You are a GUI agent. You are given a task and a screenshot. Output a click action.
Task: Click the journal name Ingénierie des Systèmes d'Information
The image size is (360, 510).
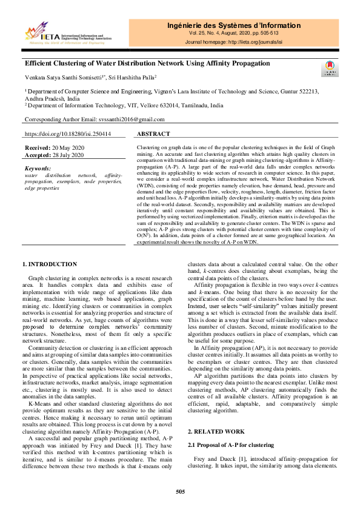coord(233,25)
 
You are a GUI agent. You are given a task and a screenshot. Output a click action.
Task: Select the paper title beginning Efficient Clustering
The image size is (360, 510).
coord(147,63)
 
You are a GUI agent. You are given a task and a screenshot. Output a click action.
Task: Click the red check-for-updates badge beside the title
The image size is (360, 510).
coord(330,68)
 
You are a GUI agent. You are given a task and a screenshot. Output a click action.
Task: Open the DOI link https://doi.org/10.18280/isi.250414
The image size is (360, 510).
coord(67,133)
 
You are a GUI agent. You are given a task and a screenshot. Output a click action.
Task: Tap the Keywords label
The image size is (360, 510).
coord(37,168)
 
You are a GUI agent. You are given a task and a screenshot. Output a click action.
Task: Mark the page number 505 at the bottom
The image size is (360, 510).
coord(180,491)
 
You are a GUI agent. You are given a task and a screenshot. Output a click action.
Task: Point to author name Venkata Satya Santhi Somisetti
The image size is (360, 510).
coord(65,77)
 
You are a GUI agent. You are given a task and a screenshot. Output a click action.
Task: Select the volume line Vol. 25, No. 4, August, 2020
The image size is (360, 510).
coord(233,34)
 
